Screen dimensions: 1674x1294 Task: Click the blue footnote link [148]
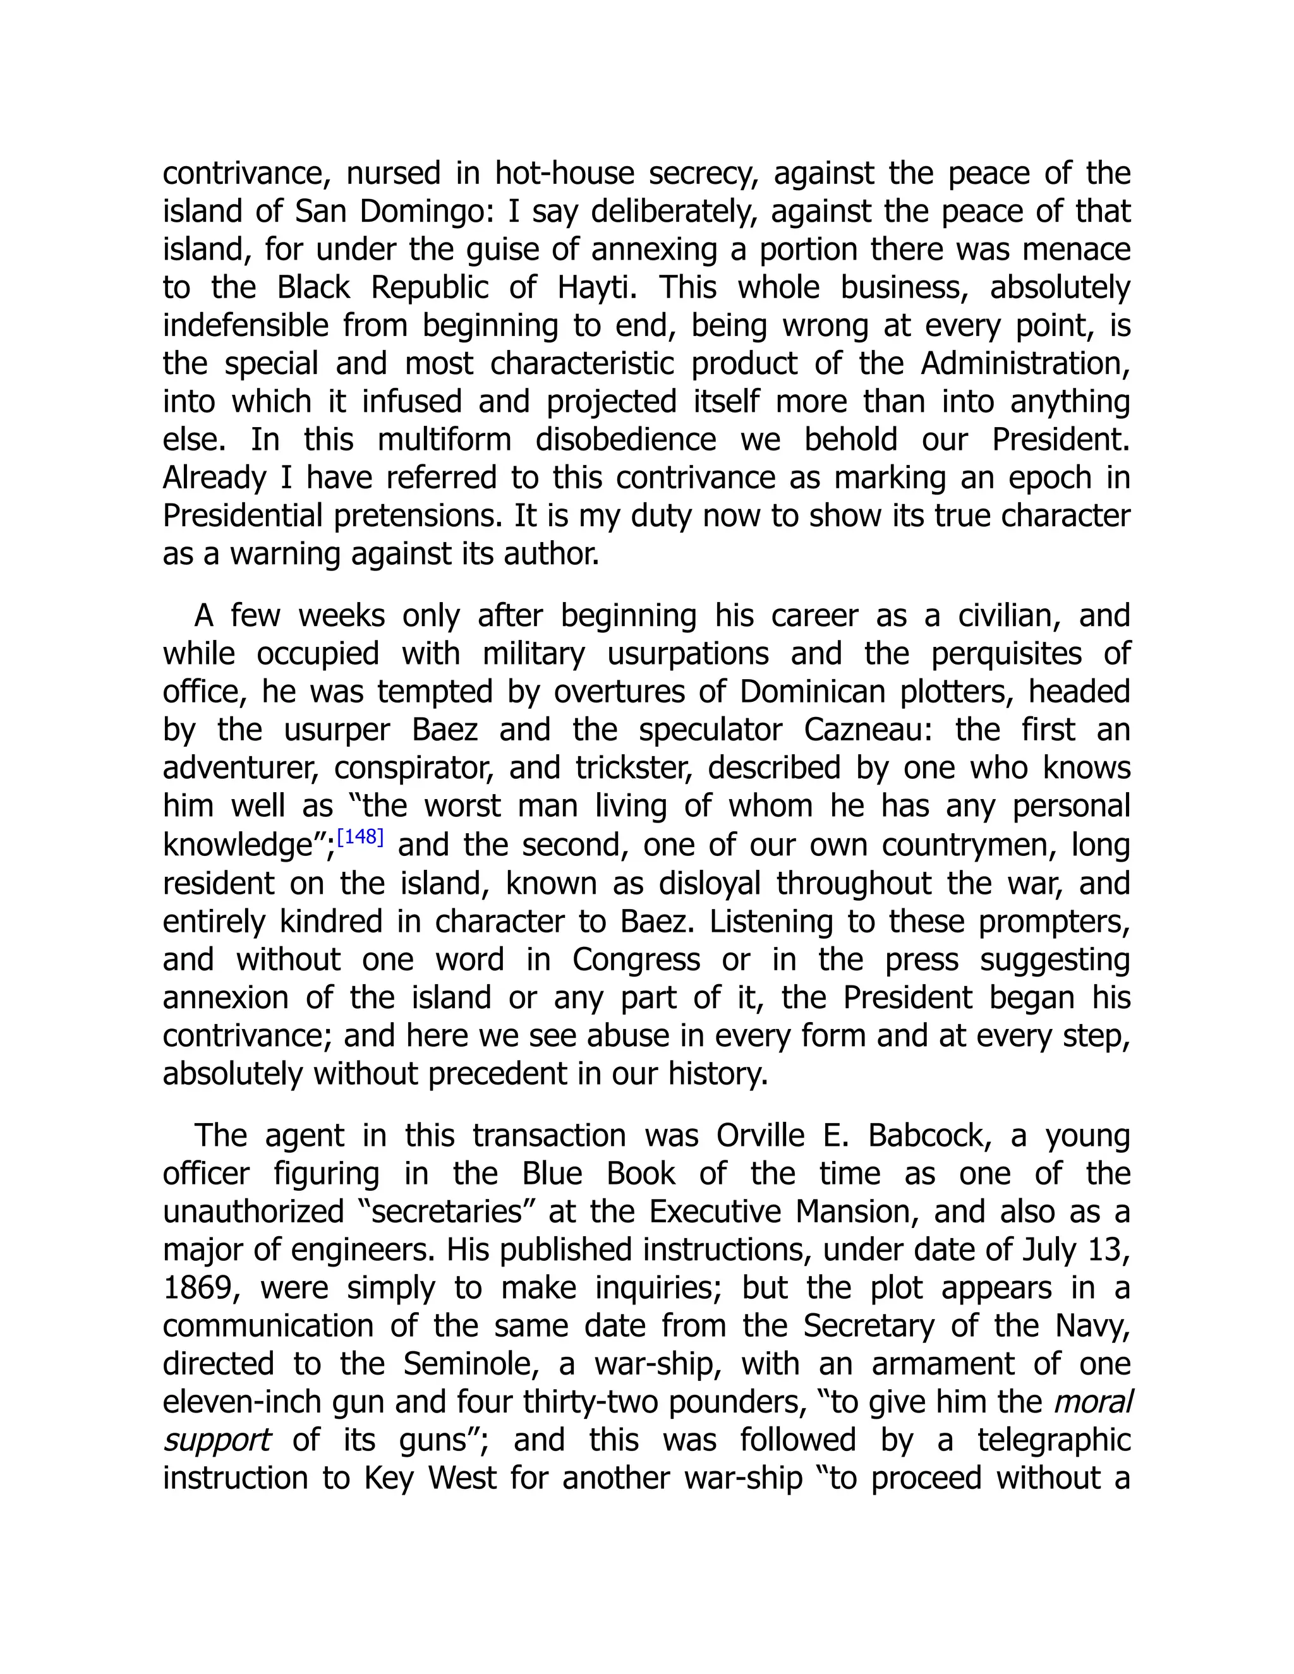point(360,836)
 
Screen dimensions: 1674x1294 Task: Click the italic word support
point(217,1441)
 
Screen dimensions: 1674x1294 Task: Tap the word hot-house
point(564,173)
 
